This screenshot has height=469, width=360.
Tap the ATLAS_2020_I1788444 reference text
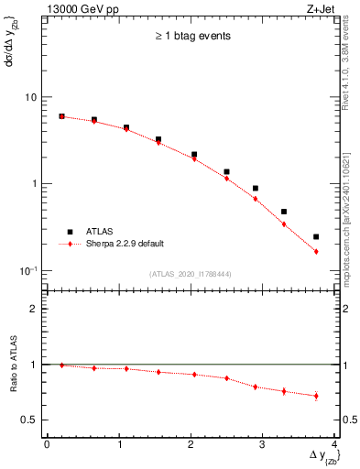click(191, 273)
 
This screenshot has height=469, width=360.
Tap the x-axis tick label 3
click(262, 444)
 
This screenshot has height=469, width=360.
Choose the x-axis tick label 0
click(47, 444)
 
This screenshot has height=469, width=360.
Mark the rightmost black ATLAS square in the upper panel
click(316, 237)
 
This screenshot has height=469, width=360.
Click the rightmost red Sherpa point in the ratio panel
click(316, 396)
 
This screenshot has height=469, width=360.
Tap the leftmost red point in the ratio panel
click(61, 365)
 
